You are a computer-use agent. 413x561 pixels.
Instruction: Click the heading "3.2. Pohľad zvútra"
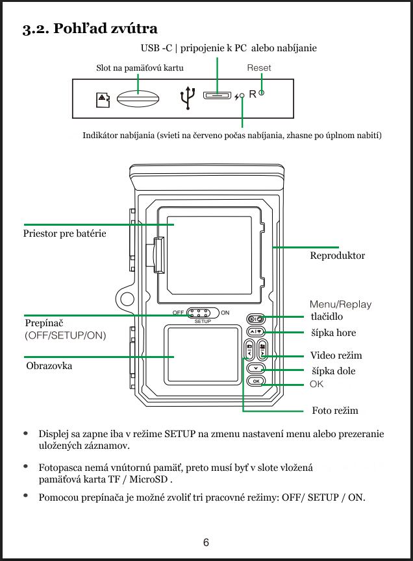[x=90, y=29]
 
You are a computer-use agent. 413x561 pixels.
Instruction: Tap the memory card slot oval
[x=138, y=99]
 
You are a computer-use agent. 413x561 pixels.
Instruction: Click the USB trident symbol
[x=188, y=98]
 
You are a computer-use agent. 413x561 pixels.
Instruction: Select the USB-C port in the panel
[x=218, y=96]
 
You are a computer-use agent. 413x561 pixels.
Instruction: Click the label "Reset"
[x=259, y=67]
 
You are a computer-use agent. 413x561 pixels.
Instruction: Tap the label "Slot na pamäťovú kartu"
[x=140, y=67]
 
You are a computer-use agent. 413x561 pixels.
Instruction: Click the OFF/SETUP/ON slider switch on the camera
[x=204, y=313]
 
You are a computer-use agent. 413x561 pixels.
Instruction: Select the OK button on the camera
[x=256, y=381]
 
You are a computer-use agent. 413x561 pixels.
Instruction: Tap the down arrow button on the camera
[x=256, y=368]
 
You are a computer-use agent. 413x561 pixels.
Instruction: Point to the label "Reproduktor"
[x=337, y=256]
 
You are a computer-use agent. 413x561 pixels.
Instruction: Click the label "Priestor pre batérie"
[x=64, y=233]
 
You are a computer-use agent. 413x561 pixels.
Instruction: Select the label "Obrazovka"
[x=49, y=366]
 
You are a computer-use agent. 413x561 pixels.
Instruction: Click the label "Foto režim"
[x=334, y=411]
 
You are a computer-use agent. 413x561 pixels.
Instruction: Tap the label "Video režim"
[x=336, y=355]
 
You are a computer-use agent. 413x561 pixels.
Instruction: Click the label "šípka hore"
[x=334, y=333]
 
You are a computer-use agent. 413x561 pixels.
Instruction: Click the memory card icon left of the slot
[x=103, y=99]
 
